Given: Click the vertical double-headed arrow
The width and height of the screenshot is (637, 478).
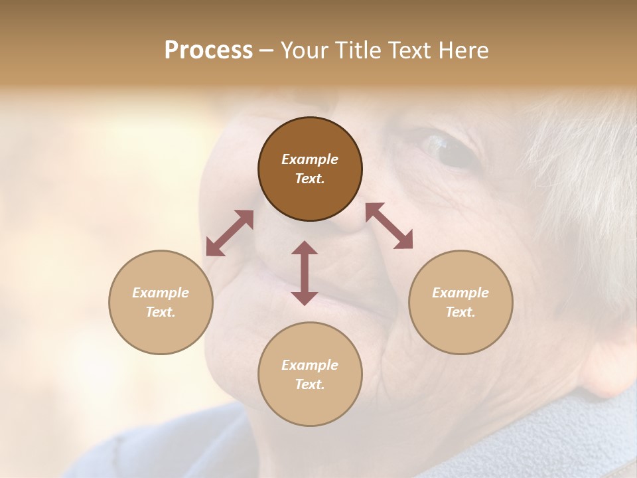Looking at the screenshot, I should point(305,273).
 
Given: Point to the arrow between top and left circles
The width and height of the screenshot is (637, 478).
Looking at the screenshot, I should point(230,233).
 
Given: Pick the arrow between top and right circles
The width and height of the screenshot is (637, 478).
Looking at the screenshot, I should point(389,226).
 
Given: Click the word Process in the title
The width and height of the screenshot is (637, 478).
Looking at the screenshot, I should point(208,50).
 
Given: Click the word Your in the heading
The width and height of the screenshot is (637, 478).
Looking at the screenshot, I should point(303,50).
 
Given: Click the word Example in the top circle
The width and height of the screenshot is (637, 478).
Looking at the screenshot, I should point(310,159).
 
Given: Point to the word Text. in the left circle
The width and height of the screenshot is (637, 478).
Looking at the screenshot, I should point(161,312).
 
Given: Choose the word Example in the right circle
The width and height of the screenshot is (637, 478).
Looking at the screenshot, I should point(460,293).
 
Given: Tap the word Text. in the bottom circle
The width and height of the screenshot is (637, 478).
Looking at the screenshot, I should point(310,384).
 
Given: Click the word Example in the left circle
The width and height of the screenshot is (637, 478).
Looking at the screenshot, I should point(161,293).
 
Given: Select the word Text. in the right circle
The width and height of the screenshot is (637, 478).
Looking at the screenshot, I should point(460,312).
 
